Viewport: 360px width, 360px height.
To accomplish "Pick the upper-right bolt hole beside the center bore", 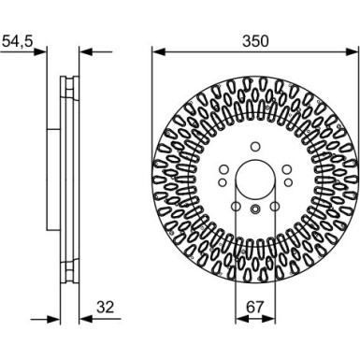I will pyautogui.click(x=285, y=167).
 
